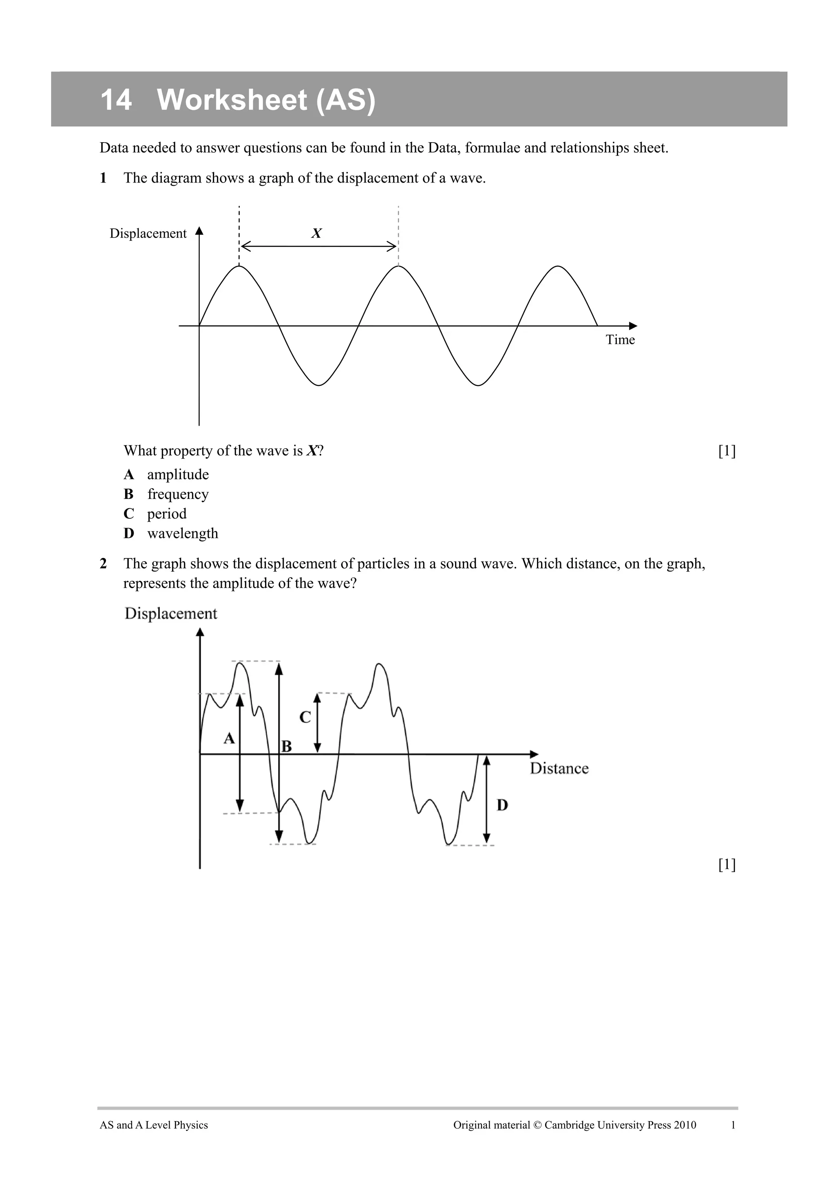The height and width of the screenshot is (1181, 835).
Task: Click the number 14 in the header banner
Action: pos(116,100)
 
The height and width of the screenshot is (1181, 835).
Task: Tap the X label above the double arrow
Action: pos(316,234)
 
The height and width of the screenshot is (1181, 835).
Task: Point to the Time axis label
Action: pos(620,340)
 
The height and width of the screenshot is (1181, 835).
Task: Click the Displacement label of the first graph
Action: pos(148,234)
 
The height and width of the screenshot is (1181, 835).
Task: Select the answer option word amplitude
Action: pos(178,474)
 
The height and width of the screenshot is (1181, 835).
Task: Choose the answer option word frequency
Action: pos(178,494)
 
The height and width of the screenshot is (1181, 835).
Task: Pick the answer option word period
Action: pos(167,514)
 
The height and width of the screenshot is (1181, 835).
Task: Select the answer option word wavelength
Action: pos(183,533)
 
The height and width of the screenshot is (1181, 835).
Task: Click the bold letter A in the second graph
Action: pos(229,739)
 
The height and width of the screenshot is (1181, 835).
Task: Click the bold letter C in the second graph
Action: pos(305,717)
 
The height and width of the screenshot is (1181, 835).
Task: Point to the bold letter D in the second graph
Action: pos(502,805)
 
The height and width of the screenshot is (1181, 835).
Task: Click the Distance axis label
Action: pos(559,769)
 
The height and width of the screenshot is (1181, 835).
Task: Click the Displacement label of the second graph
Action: pos(171,614)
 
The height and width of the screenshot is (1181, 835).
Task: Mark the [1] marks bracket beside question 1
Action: pos(727,451)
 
